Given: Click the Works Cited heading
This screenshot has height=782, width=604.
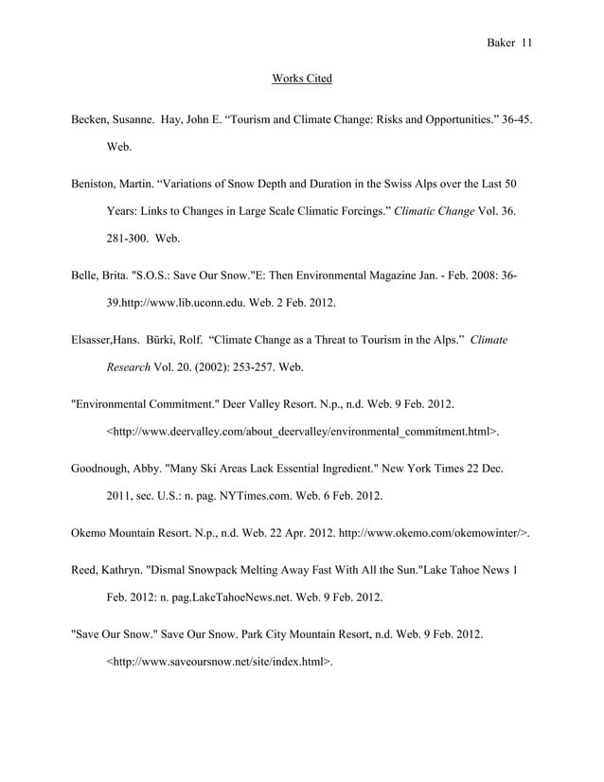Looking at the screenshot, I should [301, 78].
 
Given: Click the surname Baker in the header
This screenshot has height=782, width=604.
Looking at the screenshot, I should [500, 44].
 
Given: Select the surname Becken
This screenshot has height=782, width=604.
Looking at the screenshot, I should [92, 121].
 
